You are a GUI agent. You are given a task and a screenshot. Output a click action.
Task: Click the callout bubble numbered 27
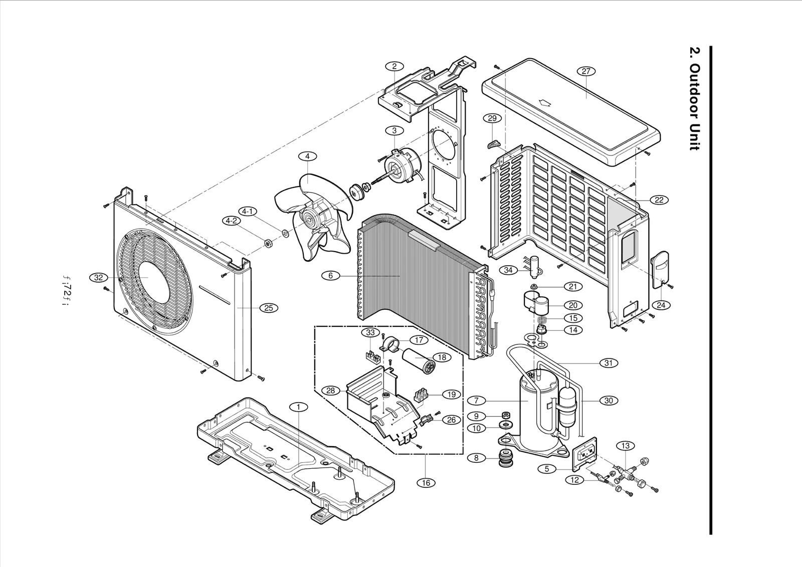pyautogui.click(x=586, y=71)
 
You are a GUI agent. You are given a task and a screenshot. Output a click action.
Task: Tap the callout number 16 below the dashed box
pyautogui.click(x=426, y=482)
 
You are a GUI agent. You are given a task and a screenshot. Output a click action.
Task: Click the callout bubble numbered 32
pyautogui.click(x=98, y=277)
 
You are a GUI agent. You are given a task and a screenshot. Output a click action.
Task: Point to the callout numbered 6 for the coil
pyautogui.click(x=331, y=275)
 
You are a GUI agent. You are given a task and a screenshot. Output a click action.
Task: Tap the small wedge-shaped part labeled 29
pyautogui.click(x=494, y=145)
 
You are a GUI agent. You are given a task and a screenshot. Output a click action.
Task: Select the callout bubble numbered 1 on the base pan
pyautogui.click(x=299, y=407)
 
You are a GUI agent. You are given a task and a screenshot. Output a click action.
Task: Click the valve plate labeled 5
pyautogui.click(x=584, y=455)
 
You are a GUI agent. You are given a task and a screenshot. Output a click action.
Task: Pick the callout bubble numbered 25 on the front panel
pyautogui.click(x=269, y=308)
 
